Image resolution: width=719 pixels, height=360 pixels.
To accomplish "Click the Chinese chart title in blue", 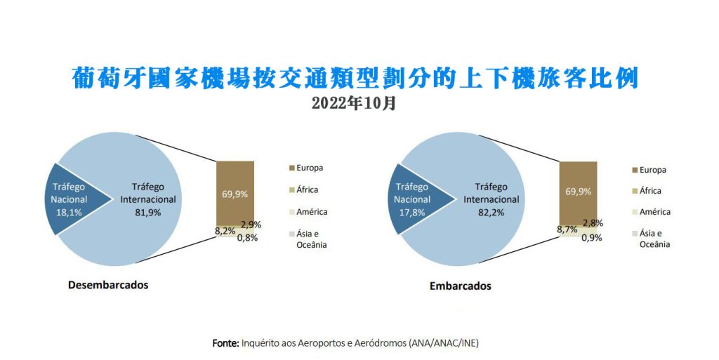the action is click(x=355, y=79).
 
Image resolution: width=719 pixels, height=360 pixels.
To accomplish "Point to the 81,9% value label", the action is click(x=147, y=213).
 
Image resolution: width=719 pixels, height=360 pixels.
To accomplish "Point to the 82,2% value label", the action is click(x=491, y=213).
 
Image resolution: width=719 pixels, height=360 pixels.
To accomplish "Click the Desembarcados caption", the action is click(x=108, y=285).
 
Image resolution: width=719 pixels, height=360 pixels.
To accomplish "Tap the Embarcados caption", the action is click(x=460, y=286).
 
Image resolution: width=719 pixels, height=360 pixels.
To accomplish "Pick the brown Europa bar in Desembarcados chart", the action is click(x=235, y=193).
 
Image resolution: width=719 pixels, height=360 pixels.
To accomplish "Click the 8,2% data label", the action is click(x=225, y=232).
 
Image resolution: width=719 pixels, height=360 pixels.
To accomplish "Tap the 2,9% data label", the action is click(x=251, y=225).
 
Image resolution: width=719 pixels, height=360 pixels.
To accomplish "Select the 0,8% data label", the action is click(x=247, y=238).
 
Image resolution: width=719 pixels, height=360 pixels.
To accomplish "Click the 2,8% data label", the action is click(x=593, y=224).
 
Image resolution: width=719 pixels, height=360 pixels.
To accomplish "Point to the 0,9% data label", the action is click(x=591, y=238).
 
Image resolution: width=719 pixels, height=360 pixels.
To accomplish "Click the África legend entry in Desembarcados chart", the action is click(x=303, y=189).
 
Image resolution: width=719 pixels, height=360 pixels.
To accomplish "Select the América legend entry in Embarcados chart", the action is click(x=651, y=212).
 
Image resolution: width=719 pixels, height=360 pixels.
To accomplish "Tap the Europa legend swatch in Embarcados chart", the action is click(x=635, y=171).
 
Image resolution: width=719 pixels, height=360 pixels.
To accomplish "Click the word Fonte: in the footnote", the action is click(x=225, y=343).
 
